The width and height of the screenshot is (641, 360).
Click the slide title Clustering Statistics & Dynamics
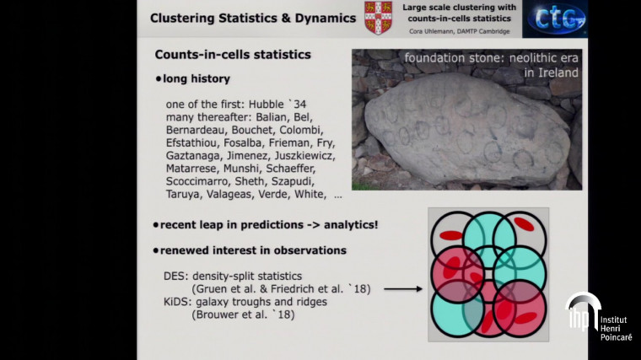[x=252, y=18]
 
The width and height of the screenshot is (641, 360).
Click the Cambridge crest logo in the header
[x=377, y=18]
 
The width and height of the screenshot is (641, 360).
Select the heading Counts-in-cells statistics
[x=233, y=55]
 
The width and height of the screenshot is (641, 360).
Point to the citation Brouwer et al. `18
[x=244, y=314]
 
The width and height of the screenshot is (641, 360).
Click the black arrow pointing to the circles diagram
[x=402, y=289]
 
